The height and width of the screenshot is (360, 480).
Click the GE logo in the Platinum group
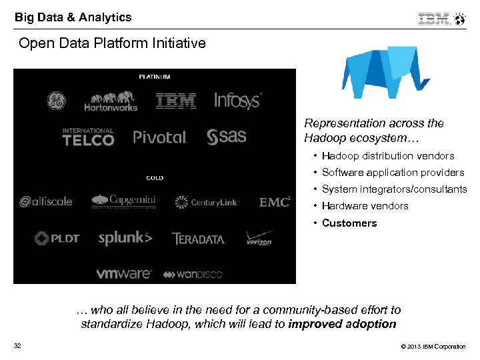coord(56,101)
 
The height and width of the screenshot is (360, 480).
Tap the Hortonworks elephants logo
coord(111,101)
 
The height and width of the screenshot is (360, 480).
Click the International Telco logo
coord(88,137)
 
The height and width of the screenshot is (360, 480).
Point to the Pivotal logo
coord(160,137)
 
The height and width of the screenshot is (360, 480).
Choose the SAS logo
coord(227,137)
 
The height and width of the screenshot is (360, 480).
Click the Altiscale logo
coord(46,201)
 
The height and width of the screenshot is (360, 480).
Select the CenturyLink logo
coord(207,202)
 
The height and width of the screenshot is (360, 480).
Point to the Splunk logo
coord(125,238)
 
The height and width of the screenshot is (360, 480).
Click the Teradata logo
coord(199,238)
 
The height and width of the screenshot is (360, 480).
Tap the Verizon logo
coord(259,239)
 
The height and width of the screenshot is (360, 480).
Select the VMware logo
coord(123,273)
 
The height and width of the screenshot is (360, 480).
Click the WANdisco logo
coord(193,274)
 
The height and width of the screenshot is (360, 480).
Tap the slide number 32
coord(17,345)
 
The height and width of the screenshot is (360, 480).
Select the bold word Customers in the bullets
coord(349,223)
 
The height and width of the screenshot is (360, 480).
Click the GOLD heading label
coord(155,178)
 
